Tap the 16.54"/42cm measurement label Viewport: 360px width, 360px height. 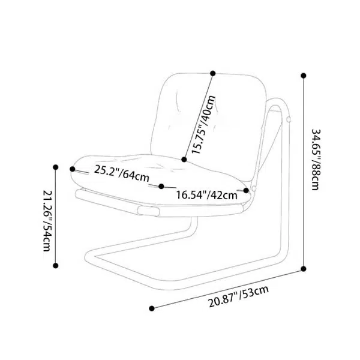[205, 194]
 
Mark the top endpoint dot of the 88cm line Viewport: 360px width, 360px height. [303, 76]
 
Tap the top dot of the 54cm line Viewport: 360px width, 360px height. [56, 167]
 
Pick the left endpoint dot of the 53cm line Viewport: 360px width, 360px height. [152, 308]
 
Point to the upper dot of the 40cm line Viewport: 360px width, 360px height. [212, 74]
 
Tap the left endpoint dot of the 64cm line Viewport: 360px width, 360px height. [74, 167]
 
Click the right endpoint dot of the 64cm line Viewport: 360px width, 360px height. [246, 191]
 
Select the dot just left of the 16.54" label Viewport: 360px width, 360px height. [162, 186]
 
